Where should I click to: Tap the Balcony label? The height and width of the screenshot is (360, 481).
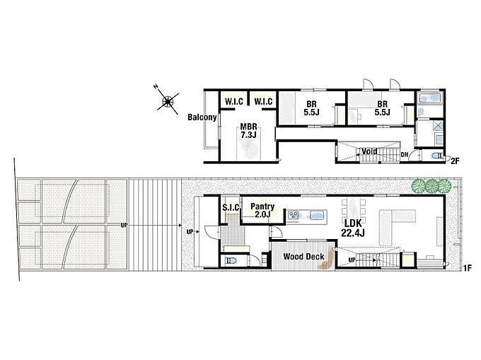tap(202, 117)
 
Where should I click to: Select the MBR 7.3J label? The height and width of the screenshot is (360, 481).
tap(248, 130)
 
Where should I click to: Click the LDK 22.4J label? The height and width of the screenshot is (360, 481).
tap(353, 228)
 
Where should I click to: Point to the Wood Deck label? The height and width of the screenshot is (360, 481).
tap(303, 256)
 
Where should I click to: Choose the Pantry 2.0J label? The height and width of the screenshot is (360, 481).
tap(262, 210)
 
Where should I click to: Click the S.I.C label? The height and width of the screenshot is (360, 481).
tap(231, 208)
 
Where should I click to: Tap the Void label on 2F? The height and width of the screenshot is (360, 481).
tap(369, 151)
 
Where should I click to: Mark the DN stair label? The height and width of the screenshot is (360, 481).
tap(405, 155)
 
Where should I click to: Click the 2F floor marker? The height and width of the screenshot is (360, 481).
tap(455, 161)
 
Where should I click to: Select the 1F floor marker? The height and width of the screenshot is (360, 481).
tap(467, 268)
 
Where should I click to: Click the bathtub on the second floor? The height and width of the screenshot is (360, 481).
tap(430, 98)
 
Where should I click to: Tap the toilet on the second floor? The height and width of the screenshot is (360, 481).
tap(437, 156)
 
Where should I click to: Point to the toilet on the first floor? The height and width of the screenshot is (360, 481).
tap(231, 261)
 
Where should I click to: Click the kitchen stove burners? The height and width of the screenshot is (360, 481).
tap(294, 215)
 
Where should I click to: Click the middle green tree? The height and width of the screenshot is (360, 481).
tap(431, 186)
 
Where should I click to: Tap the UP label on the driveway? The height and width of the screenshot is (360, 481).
tap(124, 226)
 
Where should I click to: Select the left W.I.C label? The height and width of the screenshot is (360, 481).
tap(234, 102)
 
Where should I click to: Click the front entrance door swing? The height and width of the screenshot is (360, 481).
tap(211, 233)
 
